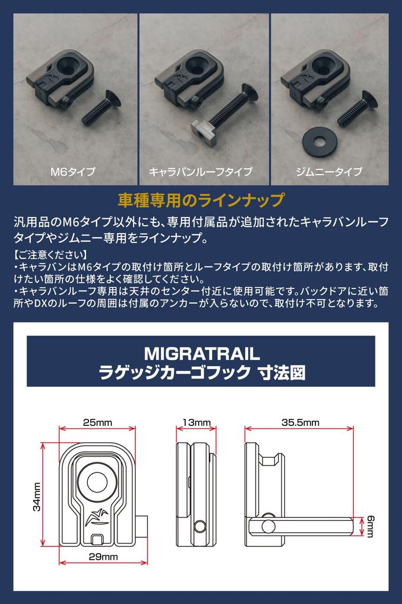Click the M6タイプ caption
(73, 172)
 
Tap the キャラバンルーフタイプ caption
(200, 172)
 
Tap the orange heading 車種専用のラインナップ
(200, 199)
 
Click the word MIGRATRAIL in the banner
(201, 353)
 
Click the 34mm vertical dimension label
(37, 497)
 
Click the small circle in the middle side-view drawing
(202, 526)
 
